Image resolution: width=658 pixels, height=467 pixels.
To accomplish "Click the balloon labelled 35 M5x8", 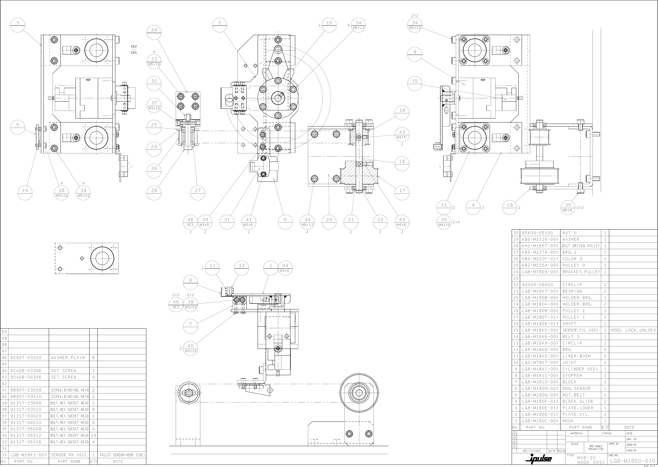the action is tap(568, 207).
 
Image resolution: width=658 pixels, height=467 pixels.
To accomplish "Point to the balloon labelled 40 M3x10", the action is tap(190, 348).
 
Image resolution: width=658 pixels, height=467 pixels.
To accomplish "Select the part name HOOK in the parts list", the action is tap(568, 421).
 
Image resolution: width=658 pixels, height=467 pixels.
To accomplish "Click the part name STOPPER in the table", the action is tap(572, 375).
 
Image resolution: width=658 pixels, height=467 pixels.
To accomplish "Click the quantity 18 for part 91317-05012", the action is tap(93, 435).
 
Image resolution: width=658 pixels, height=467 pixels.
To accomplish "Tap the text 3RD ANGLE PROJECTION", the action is tap(596, 447).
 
